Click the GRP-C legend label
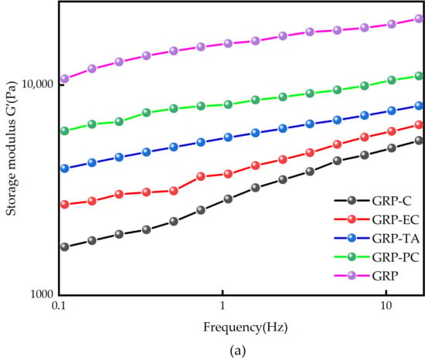(392, 201)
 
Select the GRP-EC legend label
(396, 219)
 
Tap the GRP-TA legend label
(396, 239)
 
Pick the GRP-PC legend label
(396, 257)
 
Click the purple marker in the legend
(352, 276)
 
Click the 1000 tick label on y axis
(42, 294)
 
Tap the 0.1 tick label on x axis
(58, 305)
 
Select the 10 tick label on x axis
(386, 305)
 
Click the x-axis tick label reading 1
(223, 305)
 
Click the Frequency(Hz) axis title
(245, 328)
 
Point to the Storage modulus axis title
(12, 148)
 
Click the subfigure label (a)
(238, 351)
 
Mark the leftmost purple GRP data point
(64, 79)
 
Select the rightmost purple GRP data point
(419, 19)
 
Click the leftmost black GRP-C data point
(64, 246)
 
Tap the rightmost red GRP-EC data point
(419, 125)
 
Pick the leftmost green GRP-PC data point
(64, 131)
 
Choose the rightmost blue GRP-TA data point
(419, 106)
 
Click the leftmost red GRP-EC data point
(64, 204)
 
